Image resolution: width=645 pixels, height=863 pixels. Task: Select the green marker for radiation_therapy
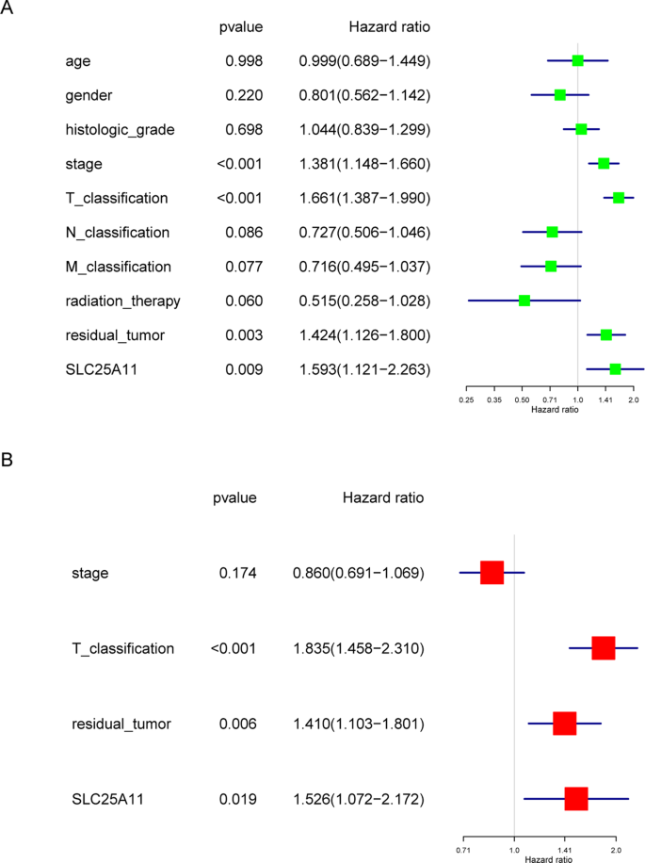click(x=524, y=301)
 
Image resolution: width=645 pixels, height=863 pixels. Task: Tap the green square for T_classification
click(x=619, y=198)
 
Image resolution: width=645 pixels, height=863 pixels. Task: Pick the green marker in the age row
click(x=577, y=61)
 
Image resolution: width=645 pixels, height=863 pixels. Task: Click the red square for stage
click(x=492, y=573)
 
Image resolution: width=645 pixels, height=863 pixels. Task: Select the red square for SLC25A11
click(x=576, y=799)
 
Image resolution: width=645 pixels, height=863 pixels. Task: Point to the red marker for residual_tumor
click(x=564, y=724)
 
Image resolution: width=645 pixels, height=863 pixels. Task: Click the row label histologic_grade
click(x=120, y=129)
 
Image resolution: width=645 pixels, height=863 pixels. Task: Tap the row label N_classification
click(x=118, y=232)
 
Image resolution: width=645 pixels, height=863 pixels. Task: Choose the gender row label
click(x=91, y=95)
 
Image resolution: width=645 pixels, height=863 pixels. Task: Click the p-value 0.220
click(x=244, y=95)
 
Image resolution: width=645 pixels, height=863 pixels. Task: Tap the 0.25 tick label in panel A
click(x=466, y=399)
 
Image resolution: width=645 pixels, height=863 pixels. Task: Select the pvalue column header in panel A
click(x=240, y=27)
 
